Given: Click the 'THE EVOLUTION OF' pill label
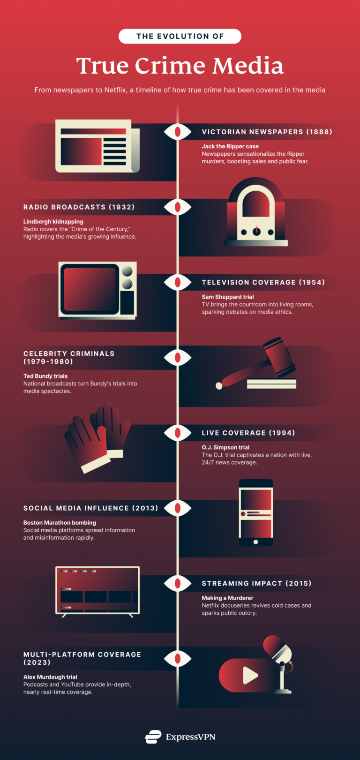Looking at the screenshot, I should click(x=180, y=36).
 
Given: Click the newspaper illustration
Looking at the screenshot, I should click(x=97, y=146).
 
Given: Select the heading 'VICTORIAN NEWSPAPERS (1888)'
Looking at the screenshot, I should click(x=267, y=132).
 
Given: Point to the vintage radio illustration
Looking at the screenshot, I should click(x=256, y=213).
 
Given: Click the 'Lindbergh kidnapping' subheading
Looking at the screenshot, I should click(x=53, y=221).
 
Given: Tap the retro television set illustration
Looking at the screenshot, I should click(x=97, y=290).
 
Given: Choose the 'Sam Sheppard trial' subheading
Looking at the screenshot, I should click(x=228, y=297).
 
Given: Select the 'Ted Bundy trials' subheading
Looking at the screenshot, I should click(x=45, y=376).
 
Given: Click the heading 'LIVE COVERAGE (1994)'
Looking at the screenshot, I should click(x=248, y=433).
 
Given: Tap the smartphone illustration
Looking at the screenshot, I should click(x=256, y=512).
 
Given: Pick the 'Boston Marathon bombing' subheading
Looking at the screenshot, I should click(x=60, y=522).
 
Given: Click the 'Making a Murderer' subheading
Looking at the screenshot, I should click(x=227, y=598).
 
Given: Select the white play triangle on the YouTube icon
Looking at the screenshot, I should click(x=250, y=676).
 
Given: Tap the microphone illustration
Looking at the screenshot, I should click(x=280, y=662).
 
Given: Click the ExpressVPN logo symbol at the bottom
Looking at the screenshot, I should click(x=153, y=737).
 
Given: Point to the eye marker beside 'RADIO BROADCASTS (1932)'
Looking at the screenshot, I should click(x=178, y=207).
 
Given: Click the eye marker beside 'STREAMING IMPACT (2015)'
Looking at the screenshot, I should click(x=178, y=583).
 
